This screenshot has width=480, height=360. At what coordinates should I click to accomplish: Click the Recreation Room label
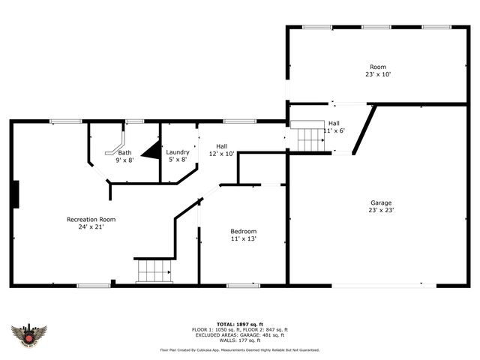tap(91, 219)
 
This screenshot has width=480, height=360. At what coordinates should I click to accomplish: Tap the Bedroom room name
tap(243, 231)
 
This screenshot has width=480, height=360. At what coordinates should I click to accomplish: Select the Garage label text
tap(381, 202)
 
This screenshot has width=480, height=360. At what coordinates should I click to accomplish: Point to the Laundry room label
tap(178, 151)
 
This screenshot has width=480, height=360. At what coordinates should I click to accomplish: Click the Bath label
tap(124, 152)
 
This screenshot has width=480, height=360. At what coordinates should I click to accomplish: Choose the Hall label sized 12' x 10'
tap(222, 146)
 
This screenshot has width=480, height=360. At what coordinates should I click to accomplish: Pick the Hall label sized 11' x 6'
tap(333, 123)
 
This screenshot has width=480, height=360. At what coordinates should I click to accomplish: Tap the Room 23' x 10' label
tap(378, 67)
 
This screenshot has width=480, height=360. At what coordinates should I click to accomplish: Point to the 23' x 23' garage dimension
tap(381, 211)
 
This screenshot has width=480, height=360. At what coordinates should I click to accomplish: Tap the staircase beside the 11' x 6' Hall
tap(308, 138)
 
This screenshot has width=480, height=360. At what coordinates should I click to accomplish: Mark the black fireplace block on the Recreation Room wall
tap(14, 193)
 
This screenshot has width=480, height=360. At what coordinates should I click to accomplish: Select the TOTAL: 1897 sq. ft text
tap(239, 324)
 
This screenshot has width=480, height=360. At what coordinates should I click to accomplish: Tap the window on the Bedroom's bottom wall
tap(238, 285)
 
